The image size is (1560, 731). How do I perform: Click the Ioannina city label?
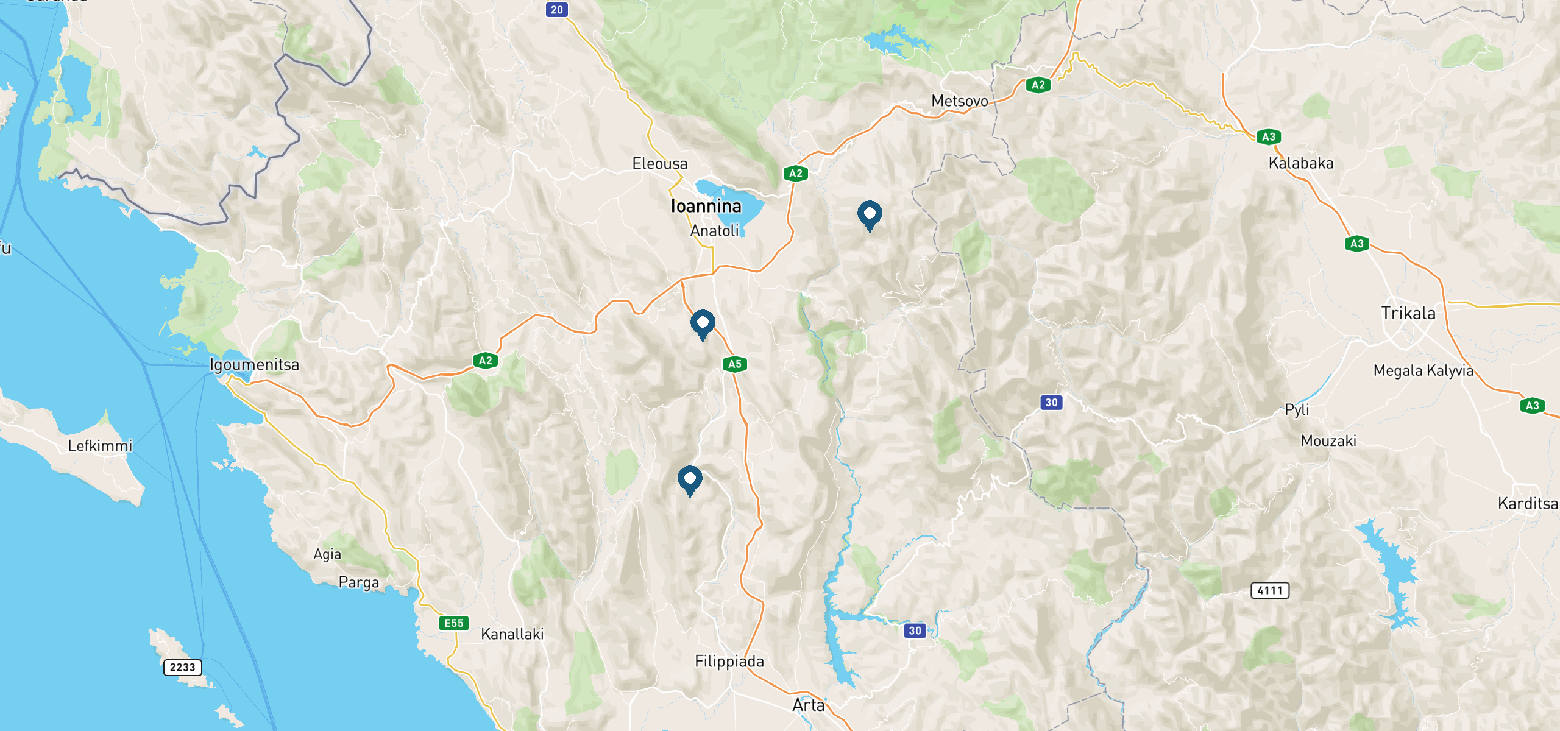coord(706,207)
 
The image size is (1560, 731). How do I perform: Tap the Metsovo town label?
coord(959,101)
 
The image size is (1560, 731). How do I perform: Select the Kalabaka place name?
coord(1300,163)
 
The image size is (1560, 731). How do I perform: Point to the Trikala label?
coord(1408,313)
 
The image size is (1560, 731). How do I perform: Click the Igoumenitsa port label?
coord(254,365)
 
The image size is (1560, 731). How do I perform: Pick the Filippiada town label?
coord(729,662)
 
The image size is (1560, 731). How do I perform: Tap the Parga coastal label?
coord(358,582)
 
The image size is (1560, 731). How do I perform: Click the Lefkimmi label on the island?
coord(100,446)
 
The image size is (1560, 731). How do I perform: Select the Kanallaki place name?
coord(512,634)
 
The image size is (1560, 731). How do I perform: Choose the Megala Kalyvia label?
coord(1423,370)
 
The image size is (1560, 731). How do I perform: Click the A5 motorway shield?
coord(735,364)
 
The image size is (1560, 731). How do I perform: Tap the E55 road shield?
coord(454,623)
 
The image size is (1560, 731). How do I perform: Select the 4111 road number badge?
coord(1270,590)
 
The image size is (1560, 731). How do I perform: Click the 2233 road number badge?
coord(182,667)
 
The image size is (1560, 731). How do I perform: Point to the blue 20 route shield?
coord(557,10)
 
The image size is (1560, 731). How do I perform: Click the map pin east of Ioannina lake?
coord(870,214)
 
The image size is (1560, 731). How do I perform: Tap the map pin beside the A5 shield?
coord(703,323)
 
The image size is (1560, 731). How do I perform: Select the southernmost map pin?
coord(690,479)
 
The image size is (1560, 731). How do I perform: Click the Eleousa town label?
coord(659,164)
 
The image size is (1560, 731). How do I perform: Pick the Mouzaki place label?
coord(1328,441)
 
